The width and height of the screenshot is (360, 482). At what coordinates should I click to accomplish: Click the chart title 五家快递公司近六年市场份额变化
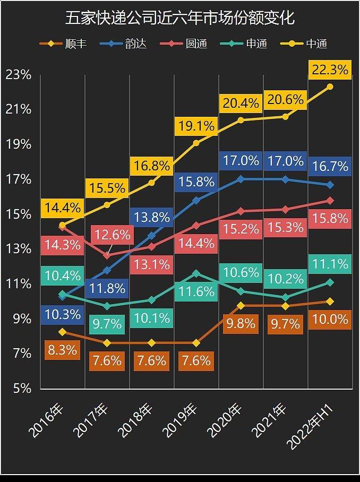pos(180,19)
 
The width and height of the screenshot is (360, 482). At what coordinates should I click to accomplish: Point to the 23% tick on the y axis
pos(18,75)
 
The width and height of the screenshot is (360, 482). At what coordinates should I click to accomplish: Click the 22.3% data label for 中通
pos(330,70)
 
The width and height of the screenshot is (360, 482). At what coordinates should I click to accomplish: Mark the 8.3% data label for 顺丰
pos(62,350)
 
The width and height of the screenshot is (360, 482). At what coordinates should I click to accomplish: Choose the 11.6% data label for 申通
pos(196,291)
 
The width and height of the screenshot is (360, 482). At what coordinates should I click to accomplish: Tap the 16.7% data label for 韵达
pos(330,166)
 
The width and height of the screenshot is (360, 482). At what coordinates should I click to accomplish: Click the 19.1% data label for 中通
pos(196,126)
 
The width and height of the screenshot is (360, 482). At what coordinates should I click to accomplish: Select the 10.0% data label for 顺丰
pos(330,320)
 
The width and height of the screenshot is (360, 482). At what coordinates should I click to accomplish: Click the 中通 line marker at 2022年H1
pos(330,87)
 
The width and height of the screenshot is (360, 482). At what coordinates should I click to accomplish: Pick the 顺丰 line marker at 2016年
pos(62,332)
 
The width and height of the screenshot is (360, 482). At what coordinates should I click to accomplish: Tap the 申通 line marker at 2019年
pos(196,273)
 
